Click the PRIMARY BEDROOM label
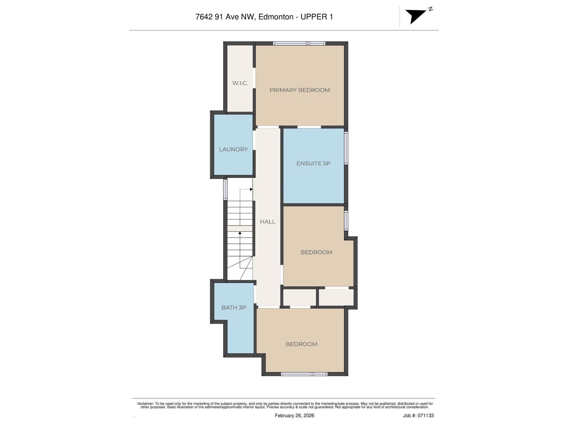coord(300,90)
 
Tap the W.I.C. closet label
coord(240,83)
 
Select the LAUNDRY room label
coord(233,149)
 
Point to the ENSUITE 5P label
coord(313,164)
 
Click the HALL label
coord(267,222)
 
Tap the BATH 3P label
coord(234,308)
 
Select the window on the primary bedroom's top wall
coord(299,43)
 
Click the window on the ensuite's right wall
coord(346,148)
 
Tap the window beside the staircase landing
coord(225,190)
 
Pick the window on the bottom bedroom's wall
coord(304,374)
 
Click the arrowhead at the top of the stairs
coord(251,189)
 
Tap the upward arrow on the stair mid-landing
coord(240,233)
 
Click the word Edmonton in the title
coord(276,17)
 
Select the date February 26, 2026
coord(294,415)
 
